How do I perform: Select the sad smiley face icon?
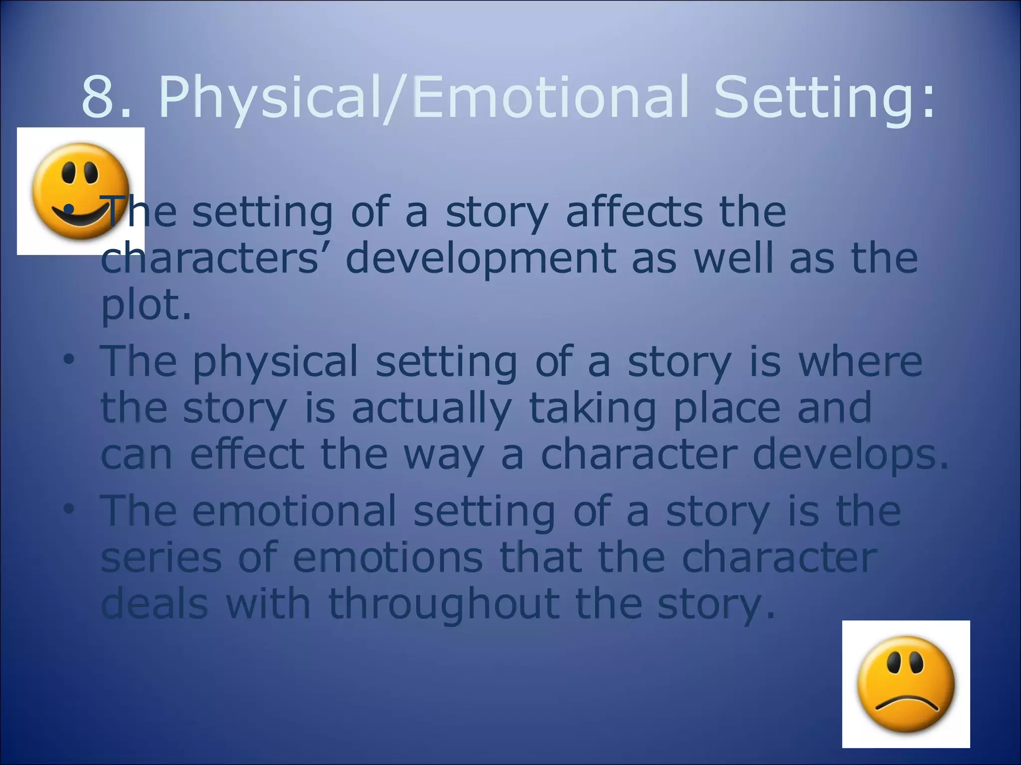(x=906, y=684)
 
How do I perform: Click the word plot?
(x=145, y=305)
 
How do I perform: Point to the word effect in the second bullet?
(x=247, y=454)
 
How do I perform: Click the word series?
(x=161, y=558)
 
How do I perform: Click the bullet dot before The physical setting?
(x=69, y=359)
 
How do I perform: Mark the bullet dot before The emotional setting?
(x=69, y=509)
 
